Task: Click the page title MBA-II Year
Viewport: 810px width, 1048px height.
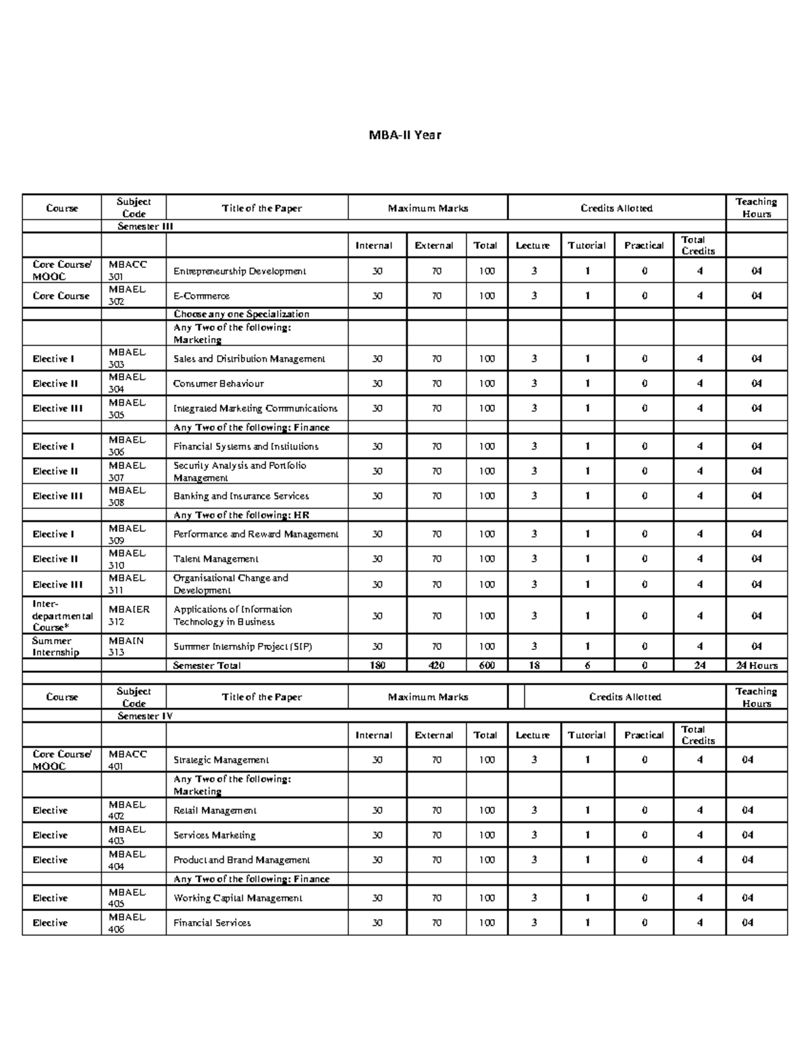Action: [404, 135]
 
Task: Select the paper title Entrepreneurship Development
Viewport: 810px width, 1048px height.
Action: [240, 271]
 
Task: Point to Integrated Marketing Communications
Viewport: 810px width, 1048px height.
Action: [255, 408]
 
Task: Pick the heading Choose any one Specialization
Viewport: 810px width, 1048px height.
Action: [241, 314]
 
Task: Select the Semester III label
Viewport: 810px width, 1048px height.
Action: [145, 227]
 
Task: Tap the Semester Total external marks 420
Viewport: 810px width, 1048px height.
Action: [436, 665]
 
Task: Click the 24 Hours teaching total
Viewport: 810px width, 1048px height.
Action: [756, 665]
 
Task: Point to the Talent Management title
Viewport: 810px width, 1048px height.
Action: [215, 559]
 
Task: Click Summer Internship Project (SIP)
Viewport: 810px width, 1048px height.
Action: [242, 646]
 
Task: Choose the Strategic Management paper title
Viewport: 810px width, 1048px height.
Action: [221, 760]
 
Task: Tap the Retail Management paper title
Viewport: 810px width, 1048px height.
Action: [215, 810]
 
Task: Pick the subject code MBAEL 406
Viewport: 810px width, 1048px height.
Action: [126, 922]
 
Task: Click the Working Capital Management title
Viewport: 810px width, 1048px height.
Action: [238, 898]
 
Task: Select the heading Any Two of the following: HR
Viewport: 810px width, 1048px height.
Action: [241, 515]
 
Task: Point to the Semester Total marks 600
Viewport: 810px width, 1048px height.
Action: [486, 665]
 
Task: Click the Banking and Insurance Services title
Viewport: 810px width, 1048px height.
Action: [241, 496]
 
